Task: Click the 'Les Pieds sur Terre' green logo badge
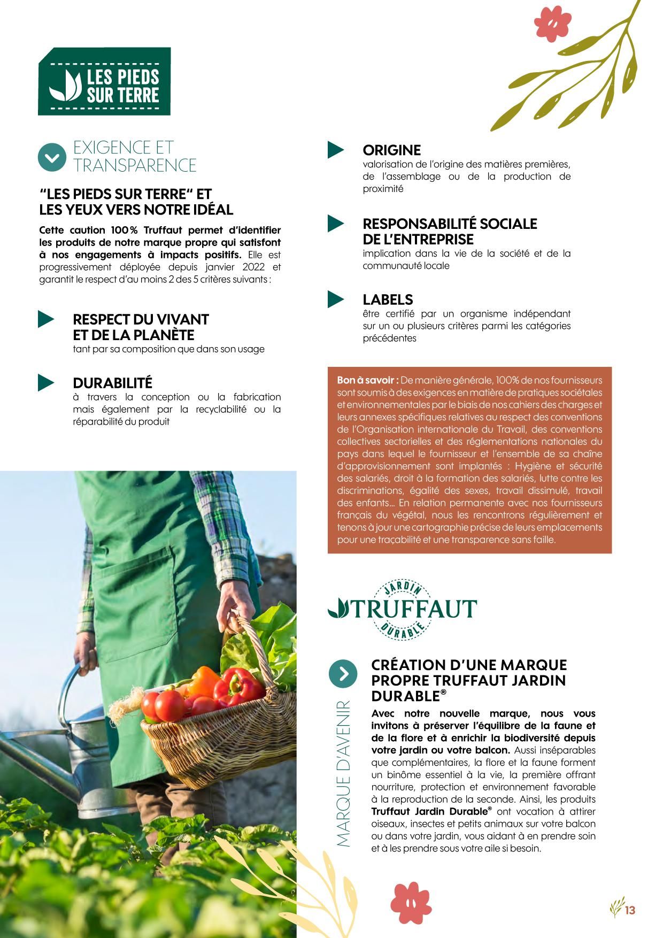104,81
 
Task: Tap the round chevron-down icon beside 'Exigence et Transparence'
51,157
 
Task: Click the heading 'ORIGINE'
391,150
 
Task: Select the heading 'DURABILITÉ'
112,383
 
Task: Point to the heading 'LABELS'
388,299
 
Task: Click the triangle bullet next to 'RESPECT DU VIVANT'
46,319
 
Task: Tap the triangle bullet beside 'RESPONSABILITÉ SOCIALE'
336,224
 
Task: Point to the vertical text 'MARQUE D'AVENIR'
343,773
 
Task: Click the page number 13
630,910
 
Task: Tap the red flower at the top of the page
553,25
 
